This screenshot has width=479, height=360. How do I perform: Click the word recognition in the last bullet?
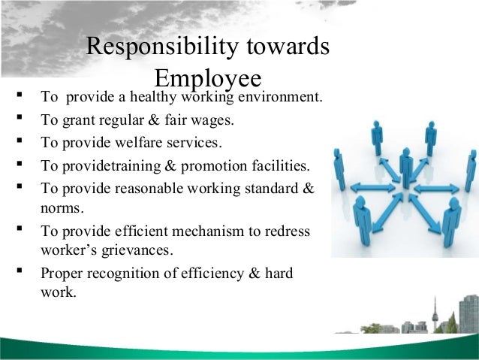click(x=131, y=275)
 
